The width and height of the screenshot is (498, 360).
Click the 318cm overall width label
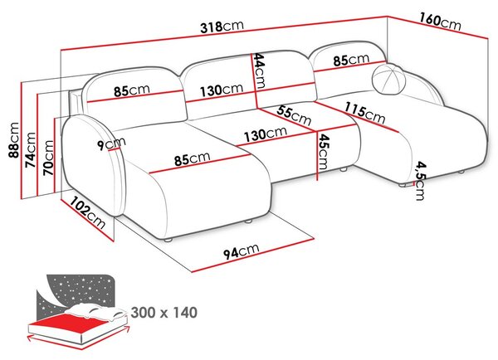(x=222, y=27)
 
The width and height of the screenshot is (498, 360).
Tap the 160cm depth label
(x=440, y=22)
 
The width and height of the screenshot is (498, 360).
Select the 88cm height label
(x=14, y=140)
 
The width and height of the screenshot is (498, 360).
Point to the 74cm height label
(x=31, y=149)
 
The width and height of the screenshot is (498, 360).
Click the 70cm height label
(x=48, y=158)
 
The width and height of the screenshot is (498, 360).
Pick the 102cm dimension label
(x=87, y=212)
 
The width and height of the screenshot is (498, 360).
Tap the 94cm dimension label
(x=242, y=251)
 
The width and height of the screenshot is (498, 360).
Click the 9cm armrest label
(x=111, y=144)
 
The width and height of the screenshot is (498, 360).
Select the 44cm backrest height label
(x=259, y=71)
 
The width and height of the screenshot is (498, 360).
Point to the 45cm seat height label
(x=323, y=152)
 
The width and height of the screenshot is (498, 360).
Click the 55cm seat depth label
(x=294, y=116)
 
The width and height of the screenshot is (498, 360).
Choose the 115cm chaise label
(x=365, y=112)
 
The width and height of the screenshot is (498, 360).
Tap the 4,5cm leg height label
(x=421, y=182)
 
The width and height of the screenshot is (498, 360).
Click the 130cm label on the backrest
(x=222, y=90)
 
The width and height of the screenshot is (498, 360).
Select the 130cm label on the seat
(x=266, y=134)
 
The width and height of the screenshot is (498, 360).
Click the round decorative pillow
(x=388, y=79)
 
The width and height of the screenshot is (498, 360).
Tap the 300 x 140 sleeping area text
(x=164, y=313)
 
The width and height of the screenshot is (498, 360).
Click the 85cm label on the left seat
(x=193, y=158)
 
